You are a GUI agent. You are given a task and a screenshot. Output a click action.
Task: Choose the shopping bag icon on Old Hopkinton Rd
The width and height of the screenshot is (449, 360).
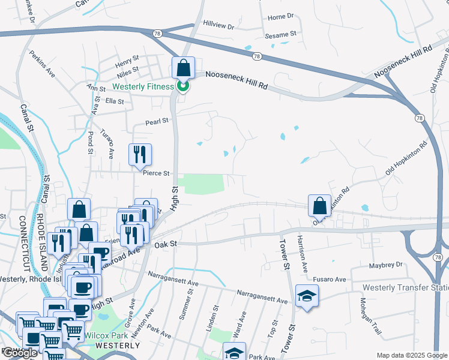(320, 205)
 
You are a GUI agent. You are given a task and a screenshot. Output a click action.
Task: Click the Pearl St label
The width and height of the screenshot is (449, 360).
(157, 121)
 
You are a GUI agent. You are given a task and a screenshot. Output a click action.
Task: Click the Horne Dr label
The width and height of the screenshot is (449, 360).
(281, 17)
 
